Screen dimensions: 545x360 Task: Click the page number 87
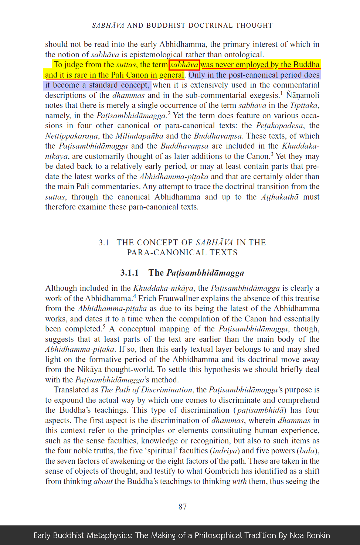click(x=183, y=507)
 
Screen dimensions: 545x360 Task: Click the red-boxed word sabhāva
click(x=184, y=65)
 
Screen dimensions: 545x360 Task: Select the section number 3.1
click(x=104, y=242)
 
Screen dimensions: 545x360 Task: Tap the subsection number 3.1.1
click(x=129, y=273)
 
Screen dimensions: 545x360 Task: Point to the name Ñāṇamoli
click(x=302, y=95)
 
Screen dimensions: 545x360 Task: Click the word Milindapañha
click(x=139, y=136)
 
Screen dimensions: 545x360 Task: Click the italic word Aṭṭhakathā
click(x=279, y=197)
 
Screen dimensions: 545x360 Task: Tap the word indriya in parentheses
click(x=225, y=451)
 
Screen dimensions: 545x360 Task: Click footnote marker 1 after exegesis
click(x=281, y=93)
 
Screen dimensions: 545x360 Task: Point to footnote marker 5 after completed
click(x=104, y=327)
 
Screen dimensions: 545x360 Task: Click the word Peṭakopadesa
click(x=279, y=126)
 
